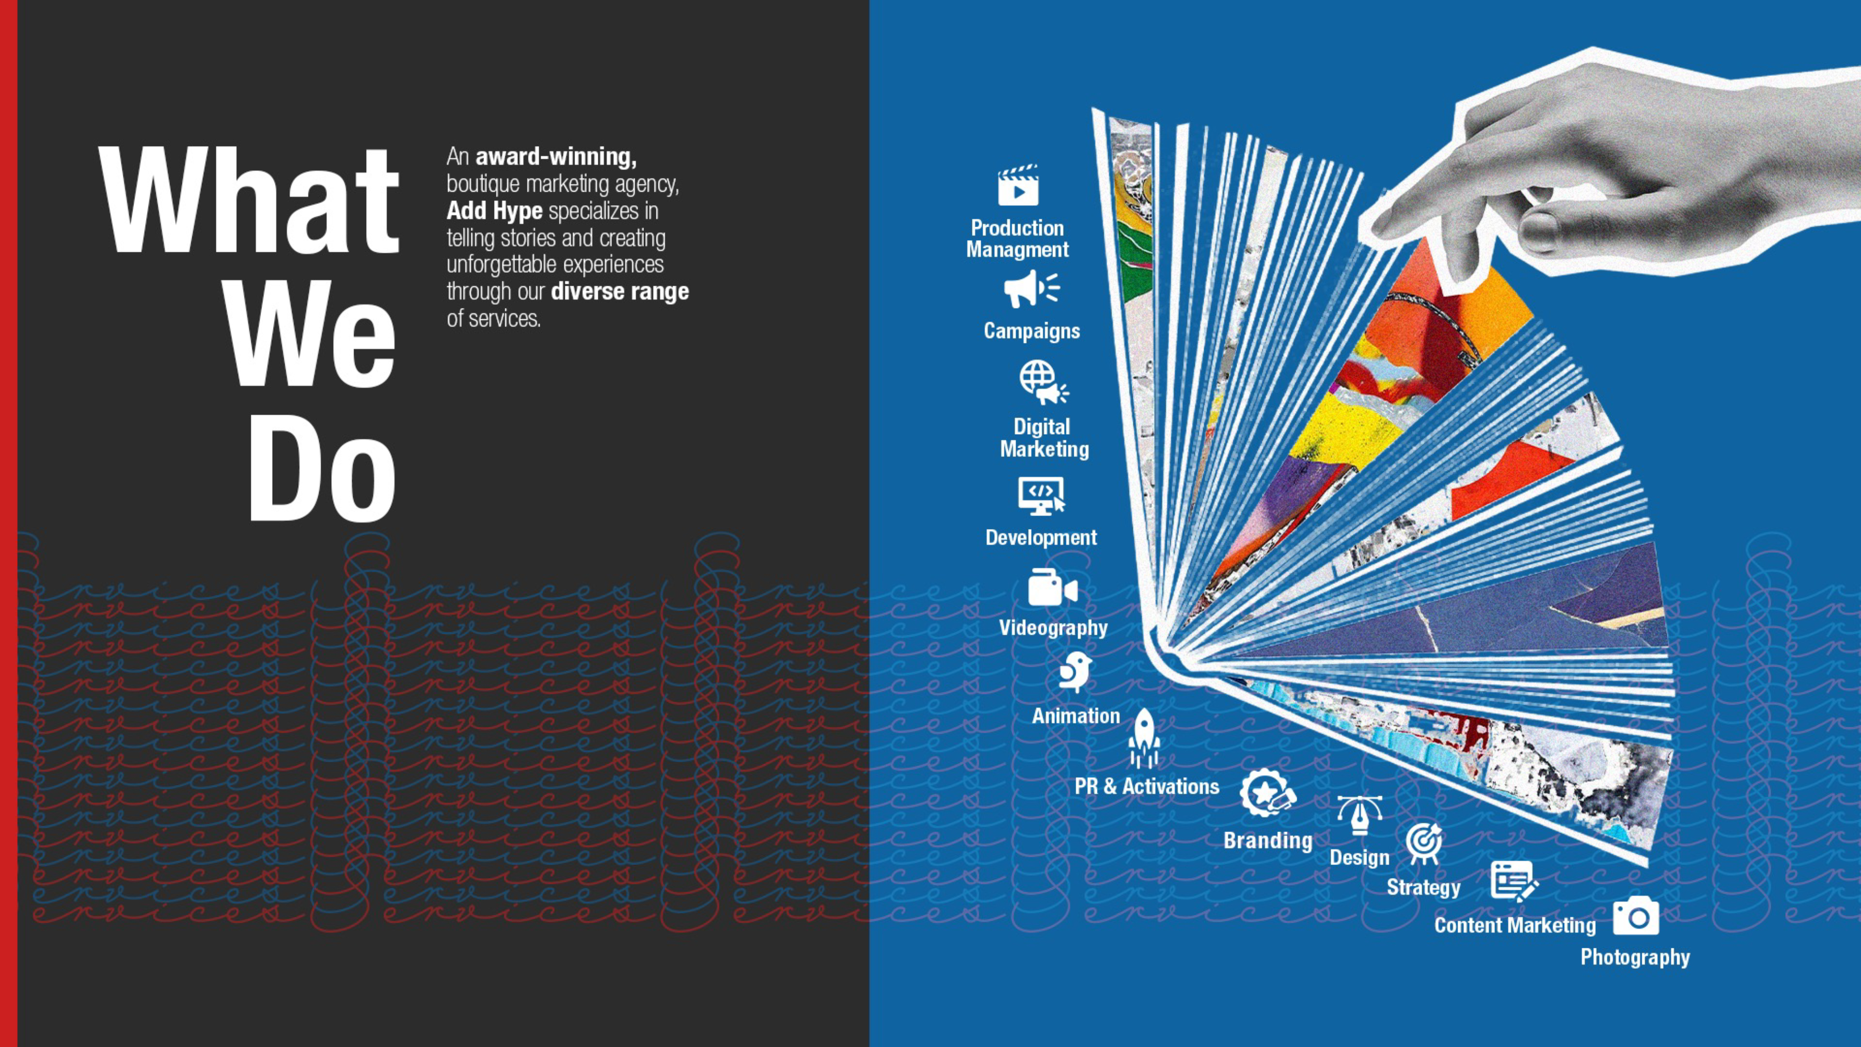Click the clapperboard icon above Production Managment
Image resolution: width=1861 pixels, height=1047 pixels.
1018,186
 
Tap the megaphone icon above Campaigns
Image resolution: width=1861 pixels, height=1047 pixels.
1031,289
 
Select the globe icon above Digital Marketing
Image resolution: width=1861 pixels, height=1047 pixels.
1043,382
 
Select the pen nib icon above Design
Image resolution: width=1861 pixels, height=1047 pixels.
1359,814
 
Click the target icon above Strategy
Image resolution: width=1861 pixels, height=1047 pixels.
1424,843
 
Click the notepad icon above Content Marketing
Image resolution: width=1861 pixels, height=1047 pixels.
1513,881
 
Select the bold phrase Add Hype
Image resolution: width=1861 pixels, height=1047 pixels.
494,211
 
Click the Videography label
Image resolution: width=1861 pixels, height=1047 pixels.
1052,627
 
